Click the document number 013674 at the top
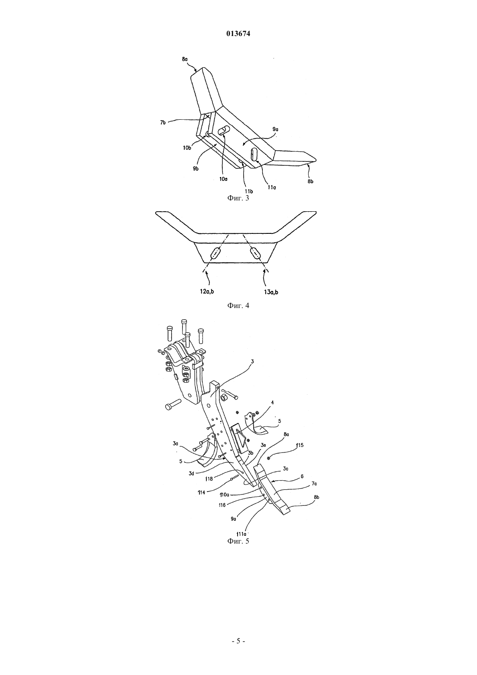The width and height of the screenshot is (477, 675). coord(238,34)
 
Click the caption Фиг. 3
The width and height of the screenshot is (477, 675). coord(238,198)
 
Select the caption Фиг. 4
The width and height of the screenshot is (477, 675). coord(238,305)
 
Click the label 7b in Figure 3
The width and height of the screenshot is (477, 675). coord(163,122)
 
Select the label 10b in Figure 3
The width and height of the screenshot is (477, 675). coord(187,147)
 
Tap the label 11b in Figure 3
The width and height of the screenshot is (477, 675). coord(248,191)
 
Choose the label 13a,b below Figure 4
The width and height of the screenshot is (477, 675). coord(271,292)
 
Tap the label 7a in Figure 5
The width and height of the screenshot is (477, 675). coord(314,483)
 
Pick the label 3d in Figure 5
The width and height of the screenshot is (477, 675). coord(192,473)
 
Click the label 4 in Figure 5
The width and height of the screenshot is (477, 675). coord(272,402)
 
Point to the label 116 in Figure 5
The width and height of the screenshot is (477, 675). coord(222,505)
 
